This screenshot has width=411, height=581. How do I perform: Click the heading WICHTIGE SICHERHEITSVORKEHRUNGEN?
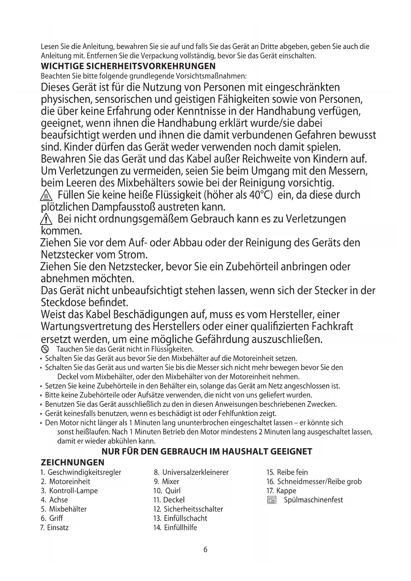click(128, 66)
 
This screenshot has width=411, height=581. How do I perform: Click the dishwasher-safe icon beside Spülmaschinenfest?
click(272, 500)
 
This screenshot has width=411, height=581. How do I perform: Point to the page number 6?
click(205, 550)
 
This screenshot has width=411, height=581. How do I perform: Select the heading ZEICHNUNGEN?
click(72, 462)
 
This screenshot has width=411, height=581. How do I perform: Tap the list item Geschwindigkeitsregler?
click(84, 472)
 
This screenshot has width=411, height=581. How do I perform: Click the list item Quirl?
click(173, 491)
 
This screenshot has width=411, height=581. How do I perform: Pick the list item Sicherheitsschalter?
click(193, 509)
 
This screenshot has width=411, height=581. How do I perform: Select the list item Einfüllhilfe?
click(180, 527)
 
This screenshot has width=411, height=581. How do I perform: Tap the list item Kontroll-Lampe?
click(73, 491)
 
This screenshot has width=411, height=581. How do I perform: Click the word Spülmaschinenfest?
click(313, 500)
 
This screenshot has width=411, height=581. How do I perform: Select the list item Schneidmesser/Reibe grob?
click(319, 481)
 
